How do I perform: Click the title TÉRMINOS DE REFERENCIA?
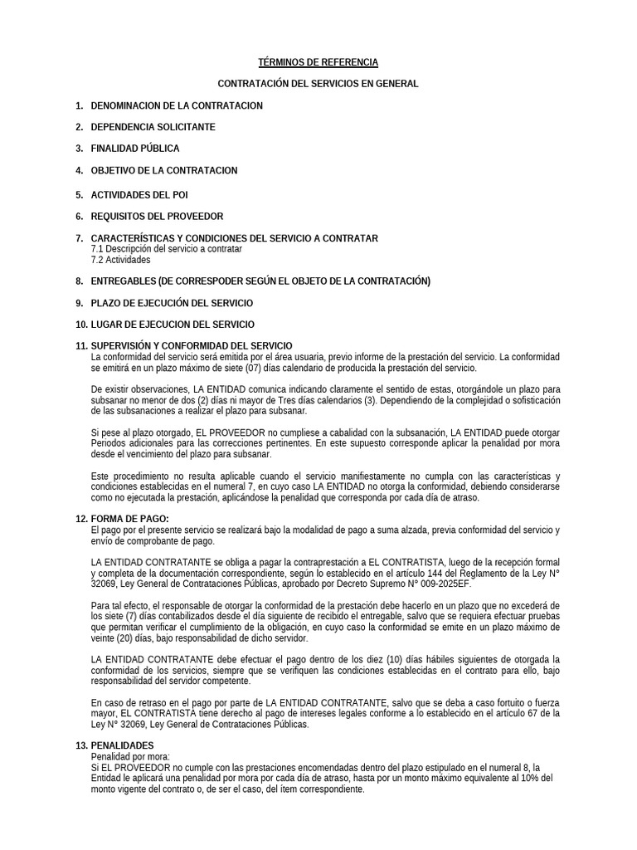pyautogui.click(x=318, y=62)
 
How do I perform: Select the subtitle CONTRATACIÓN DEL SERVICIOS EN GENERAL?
pyautogui.click(x=318, y=84)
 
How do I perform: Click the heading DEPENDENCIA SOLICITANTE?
pyautogui.click(x=153, y=127)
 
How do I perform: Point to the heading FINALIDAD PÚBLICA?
pyautogui.click(x=134, y=149)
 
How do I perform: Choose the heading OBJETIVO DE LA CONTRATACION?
pyautogui.click(x=163, y=170)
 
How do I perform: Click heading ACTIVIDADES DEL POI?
pyautogui.click(x=139, y=195)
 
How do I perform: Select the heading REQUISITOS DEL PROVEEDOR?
pyautogui.click(x=156, y=217)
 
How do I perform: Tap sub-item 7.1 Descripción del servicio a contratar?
pyautogui.click(x=166, y=249)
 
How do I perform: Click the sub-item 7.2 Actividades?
pyautogui.click(x=120, y=260)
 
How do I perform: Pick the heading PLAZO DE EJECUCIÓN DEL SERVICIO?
pyautogui.click(x=172, y=303)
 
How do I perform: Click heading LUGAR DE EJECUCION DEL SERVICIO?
pyautogui.click(x=173, y=325)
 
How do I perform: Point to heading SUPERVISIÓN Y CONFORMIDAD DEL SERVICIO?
pyautogui.click(x=191, y=346)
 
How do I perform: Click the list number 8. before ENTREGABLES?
pyautogui.click(x=80, y=281)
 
